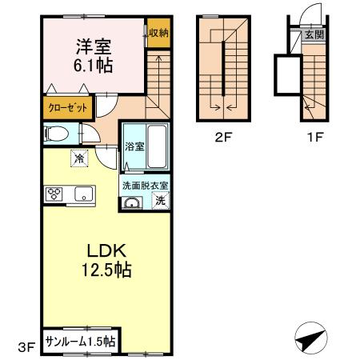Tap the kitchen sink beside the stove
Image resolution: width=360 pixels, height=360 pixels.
click(x=82, y=193)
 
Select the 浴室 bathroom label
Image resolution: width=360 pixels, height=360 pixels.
click(x=133, y=147)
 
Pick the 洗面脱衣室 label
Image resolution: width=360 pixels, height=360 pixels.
click(x=145, y=186)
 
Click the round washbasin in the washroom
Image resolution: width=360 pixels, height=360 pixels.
click(x=130, y=202)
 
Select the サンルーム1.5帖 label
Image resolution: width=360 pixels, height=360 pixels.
click(x=80, y=341)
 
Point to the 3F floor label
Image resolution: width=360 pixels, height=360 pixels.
click(x=27, y=346)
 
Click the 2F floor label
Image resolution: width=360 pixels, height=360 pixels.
click(x=224, y=137)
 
